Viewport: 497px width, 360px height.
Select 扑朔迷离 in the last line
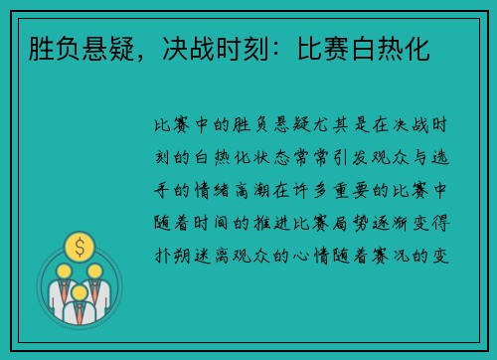tap(186, 231)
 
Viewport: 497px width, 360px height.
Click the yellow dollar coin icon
tap(78, 245)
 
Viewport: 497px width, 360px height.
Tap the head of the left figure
tap(64, 270)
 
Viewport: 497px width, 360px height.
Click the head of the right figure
tap(93, 270)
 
